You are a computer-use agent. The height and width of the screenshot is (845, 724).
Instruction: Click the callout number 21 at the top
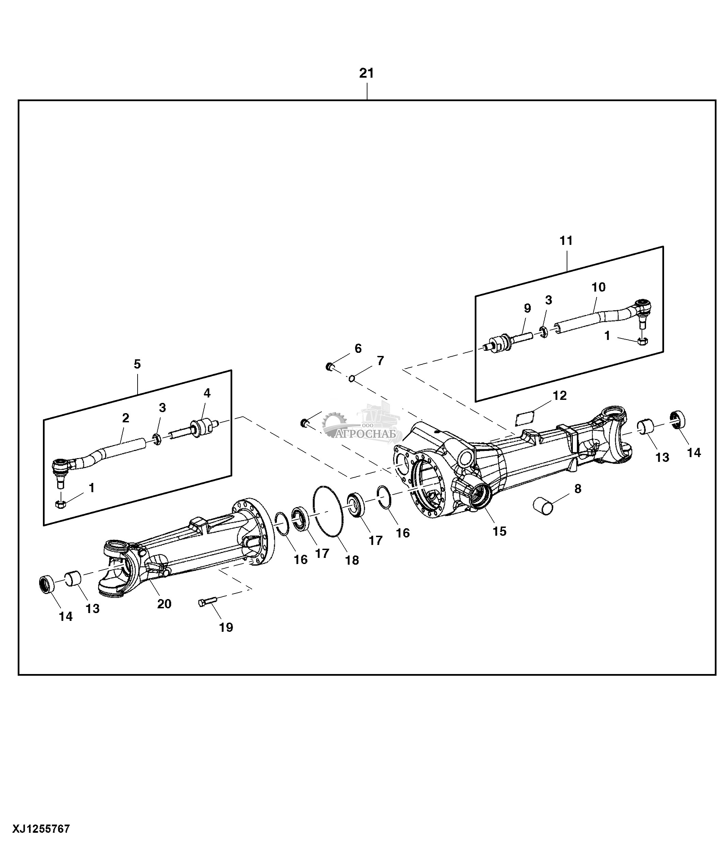[366, 74]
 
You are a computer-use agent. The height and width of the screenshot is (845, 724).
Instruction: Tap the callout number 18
[352, 560]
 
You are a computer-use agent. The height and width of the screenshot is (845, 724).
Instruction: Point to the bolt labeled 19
[207, 602]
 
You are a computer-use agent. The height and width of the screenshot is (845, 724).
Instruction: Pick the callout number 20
[164, 604]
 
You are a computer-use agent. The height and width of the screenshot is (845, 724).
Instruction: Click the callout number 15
[499, 531]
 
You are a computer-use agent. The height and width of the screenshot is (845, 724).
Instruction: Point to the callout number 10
[598, 287]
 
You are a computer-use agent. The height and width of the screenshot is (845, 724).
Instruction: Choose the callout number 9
[527, 308]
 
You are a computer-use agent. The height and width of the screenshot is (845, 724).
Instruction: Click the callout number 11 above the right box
[566, 240]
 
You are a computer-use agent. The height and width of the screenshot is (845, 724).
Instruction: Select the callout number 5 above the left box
[137, 364]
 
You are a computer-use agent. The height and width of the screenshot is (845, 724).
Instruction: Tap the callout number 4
[207, 393]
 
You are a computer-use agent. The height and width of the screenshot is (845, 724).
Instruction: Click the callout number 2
[126, 418]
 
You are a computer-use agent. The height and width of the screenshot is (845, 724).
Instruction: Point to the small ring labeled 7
[351, 379]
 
